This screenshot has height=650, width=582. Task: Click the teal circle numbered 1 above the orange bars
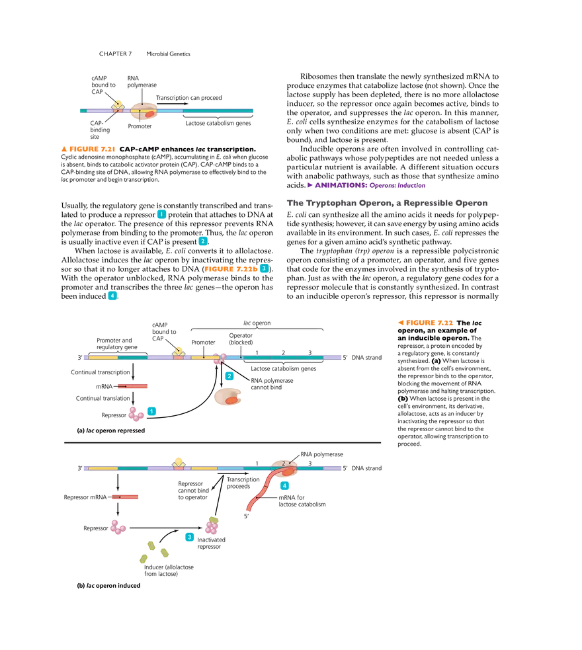[161, 214]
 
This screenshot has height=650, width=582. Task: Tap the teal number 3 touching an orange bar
[264, 268]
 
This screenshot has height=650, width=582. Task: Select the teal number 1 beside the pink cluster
[152, 411]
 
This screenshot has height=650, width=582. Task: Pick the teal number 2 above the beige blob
[229, 376]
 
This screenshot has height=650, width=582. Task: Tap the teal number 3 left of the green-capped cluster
[189, 536]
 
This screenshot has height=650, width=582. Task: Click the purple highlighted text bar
[367, 185]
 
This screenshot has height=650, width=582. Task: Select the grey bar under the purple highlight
[386, 203]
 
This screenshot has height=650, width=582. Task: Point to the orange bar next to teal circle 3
[230, 269]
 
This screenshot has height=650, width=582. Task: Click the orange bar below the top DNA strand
[87, 149]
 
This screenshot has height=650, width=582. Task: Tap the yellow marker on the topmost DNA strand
[118, 102]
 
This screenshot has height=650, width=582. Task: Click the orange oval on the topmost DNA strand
[149, 114]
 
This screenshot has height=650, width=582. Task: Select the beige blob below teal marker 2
[228, 397]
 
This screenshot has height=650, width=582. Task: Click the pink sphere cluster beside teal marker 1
[136, 414]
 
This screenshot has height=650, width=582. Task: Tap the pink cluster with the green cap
[212, 526]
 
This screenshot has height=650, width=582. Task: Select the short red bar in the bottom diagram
[125, 497]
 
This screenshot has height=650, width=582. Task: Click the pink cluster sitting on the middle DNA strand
[219, 358]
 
